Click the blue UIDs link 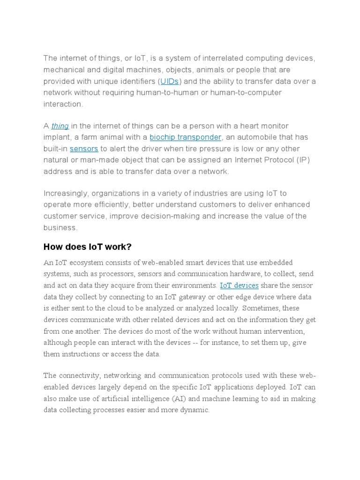click(169, 82)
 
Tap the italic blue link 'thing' click(60, 126)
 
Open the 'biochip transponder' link click(185, 137)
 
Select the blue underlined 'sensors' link click(84, 149)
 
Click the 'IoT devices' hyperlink click(239, 285)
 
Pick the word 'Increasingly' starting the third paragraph click(65, 194)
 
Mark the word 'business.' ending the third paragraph click(60, 228)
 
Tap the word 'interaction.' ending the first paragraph click(63, 104)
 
